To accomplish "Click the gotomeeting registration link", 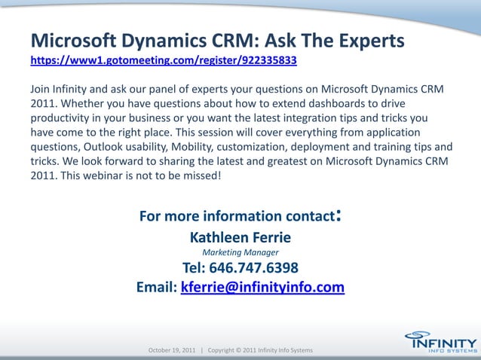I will tap(169, 58).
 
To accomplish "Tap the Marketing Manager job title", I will tap(240, 252).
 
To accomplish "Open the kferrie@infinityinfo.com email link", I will tap(262, 287).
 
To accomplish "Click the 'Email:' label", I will tap(157, 287).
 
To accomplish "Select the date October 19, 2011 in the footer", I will tap(172, 351).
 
